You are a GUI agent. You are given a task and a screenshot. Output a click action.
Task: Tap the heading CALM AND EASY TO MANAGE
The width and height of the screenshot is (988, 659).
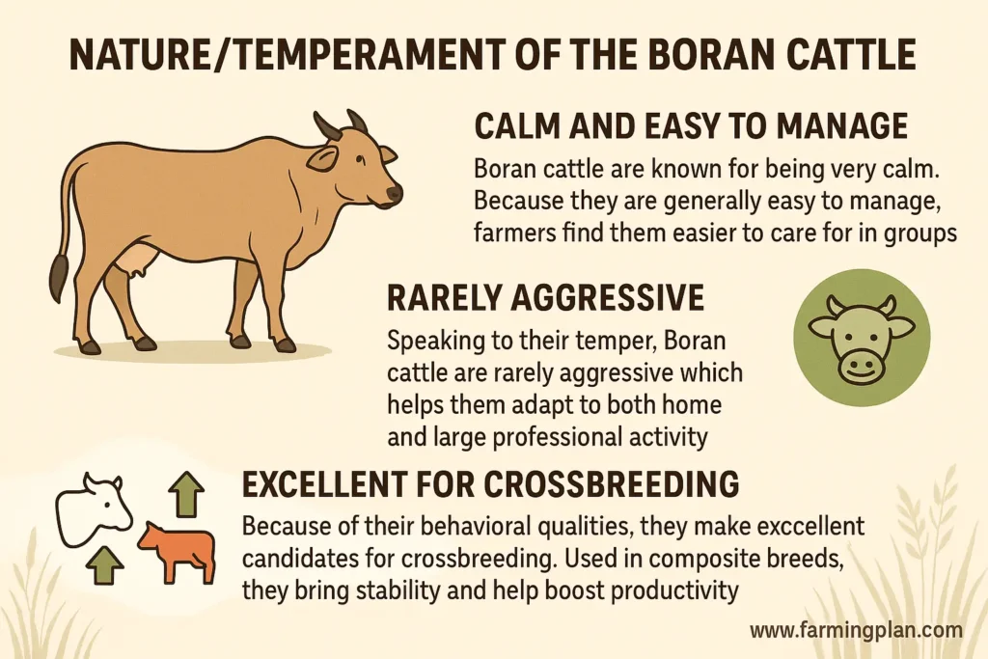pos(691,126)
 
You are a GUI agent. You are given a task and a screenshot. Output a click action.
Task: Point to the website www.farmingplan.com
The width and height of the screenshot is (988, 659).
pos(856,631)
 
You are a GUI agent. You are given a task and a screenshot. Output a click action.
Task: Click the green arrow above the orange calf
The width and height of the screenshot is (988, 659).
pos(186,496)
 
